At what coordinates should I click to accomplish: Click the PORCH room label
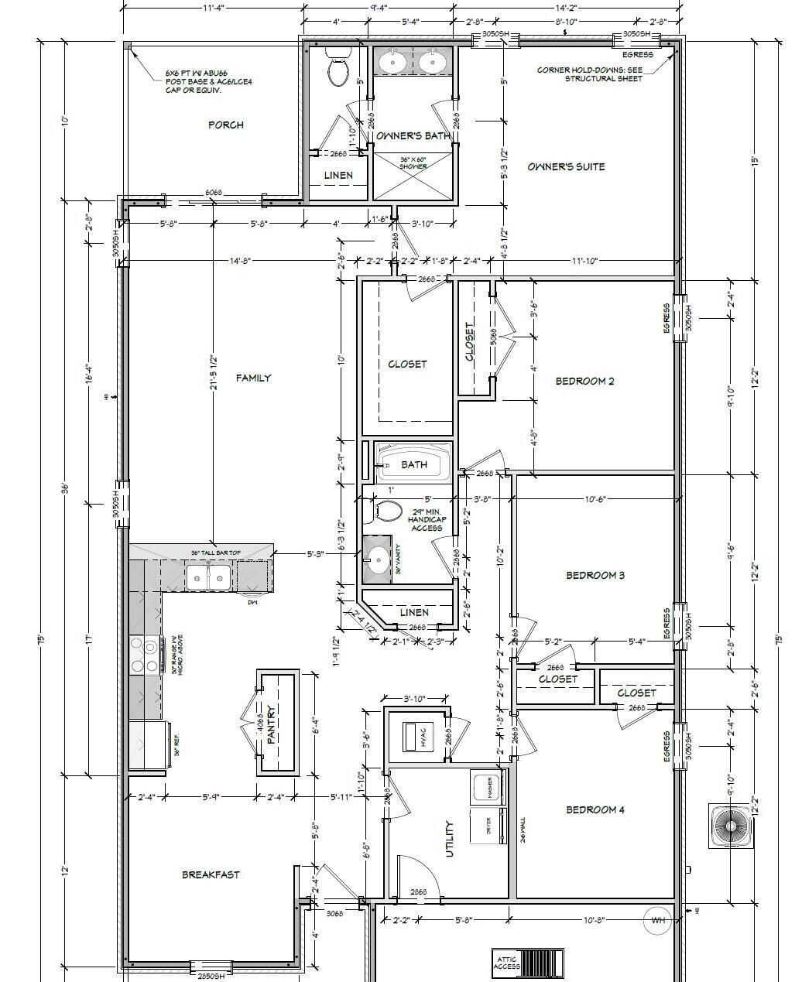point(226,125)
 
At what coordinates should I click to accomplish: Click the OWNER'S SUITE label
point(566,166)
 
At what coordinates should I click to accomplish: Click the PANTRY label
point(271,724)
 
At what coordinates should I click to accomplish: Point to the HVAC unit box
point(423,737)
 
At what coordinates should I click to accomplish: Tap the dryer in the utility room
point(488,826)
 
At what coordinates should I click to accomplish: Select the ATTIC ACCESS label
point(507,962)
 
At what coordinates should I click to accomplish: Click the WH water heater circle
point(659,920)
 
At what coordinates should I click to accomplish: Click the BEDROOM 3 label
point(595,575)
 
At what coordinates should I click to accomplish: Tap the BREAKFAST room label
point(211,874)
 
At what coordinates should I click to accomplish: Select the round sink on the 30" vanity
point(378,559)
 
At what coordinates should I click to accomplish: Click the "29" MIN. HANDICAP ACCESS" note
point(426,519)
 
